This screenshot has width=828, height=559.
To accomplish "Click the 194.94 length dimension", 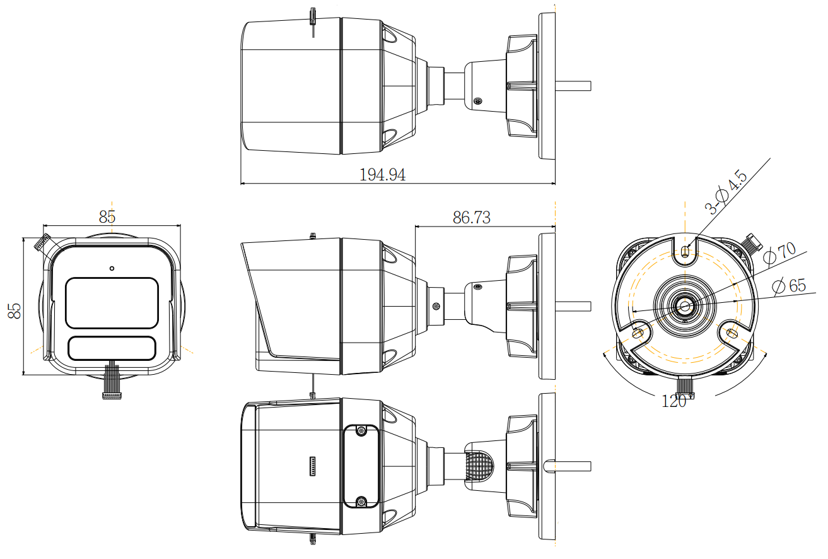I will click(x=382, y=175).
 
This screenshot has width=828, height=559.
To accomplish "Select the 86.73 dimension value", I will click(x=472, y=218).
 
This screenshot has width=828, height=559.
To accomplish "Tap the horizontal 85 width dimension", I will click(x=107, y=216).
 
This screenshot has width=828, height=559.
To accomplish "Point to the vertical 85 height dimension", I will click(x=14, y=310).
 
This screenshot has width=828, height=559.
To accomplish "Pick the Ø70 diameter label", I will click(x=780, y=253).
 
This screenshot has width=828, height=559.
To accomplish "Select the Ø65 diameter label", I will click(x=789, y=285).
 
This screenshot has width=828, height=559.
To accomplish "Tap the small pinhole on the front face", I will click(x=112, y=268).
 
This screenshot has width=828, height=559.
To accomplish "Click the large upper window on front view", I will click(x=112, y=302).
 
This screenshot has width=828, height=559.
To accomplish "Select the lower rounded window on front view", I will click(x=112, y=348).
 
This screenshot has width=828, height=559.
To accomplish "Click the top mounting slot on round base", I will click(x=686, y=251).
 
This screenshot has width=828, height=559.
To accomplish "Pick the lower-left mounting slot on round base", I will click(x=639, y=331).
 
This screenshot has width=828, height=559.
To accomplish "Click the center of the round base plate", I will click(x=685, y=306).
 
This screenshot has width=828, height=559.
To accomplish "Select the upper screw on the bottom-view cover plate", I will click(x=361, y=431).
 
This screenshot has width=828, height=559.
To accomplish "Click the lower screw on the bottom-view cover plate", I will click(x=361, y=502).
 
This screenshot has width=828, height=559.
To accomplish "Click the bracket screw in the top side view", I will click(x=477, y=101).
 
